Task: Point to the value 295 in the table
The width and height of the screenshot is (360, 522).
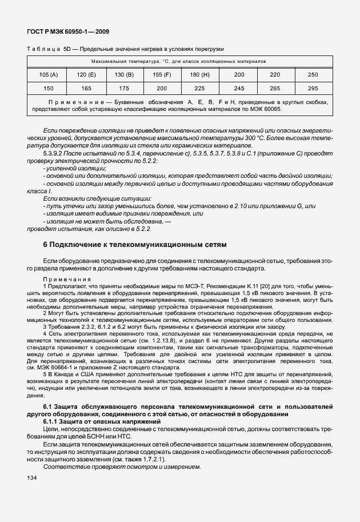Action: click(x=313, y=89)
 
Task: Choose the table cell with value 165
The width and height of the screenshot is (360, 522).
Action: click(x=86, y=89)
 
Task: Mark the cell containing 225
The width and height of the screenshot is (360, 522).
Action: click(x=199, y=89)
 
